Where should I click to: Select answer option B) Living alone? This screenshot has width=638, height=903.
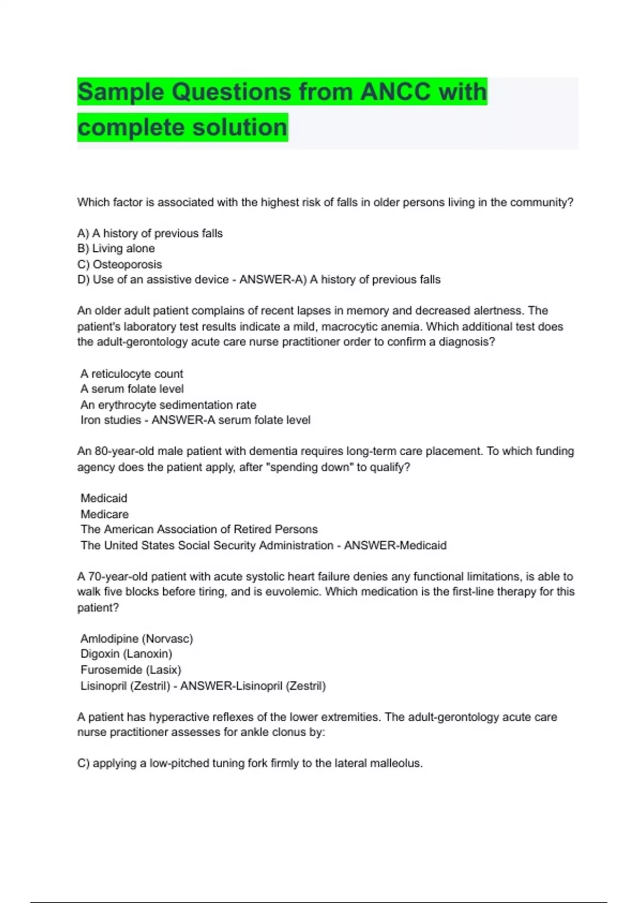(116, 249)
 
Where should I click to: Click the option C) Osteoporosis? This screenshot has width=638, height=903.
(120, 265)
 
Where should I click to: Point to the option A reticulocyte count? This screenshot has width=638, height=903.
(131, 374)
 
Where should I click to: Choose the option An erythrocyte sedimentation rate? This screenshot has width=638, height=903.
(168, 405)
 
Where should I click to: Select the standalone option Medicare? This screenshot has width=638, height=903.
(104, 514)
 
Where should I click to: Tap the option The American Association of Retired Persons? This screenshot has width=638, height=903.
(199, 530)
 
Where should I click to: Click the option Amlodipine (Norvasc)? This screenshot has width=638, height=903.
(137, 638)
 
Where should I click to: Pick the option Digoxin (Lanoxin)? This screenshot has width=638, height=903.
(126, 654)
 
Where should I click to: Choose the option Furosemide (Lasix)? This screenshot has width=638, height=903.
(131, 670)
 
